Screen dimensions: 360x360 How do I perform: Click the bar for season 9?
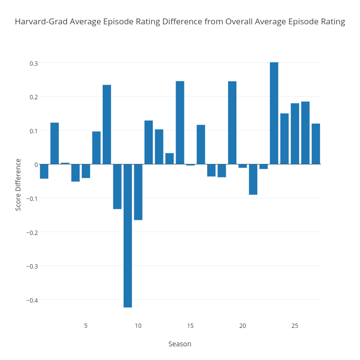(127, 235)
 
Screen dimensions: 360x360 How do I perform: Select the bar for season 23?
(274, 113)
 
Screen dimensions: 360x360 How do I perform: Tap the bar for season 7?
(107, 125)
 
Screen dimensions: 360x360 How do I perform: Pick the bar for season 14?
(180, 123)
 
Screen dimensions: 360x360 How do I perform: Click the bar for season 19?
(232, 123)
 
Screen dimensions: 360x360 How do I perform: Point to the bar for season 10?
(138, 192)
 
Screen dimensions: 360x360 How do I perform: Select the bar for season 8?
(117, 186)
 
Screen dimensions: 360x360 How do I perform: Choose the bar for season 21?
(253, 179)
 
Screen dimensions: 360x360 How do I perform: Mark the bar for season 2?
(54, 144)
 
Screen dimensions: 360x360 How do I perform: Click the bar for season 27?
(316, 144)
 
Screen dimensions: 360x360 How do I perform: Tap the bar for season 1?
(44, 171)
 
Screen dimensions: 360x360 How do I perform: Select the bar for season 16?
(201, 144)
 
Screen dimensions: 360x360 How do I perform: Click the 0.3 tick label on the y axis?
(34, 63)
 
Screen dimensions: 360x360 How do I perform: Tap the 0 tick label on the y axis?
(36, 164)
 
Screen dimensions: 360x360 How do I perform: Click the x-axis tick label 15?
(190, 325)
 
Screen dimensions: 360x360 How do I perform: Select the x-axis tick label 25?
(295, 325)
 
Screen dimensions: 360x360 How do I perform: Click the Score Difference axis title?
(18, 184)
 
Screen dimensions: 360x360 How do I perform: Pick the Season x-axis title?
(180, 344)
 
